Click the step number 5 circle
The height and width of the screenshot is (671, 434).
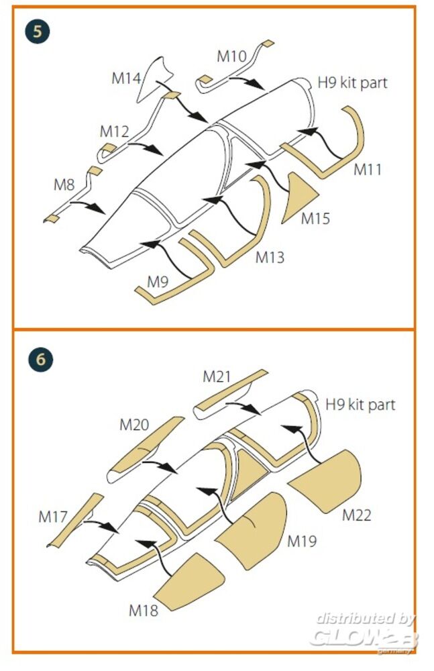(x=38, y=32)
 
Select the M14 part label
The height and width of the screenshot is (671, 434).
(x=126, y=79)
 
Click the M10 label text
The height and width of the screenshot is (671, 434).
(x=231, y=56)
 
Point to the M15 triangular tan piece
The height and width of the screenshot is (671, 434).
(x=300, y=197)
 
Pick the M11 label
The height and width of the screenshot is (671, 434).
(x=367, y=170)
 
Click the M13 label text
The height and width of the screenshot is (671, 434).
(x=270, y=258)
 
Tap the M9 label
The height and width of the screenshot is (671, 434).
(x=158, y=282)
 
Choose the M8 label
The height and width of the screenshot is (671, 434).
(x=64, y=185)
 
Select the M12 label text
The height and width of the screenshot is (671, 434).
(x=114, y=132)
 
